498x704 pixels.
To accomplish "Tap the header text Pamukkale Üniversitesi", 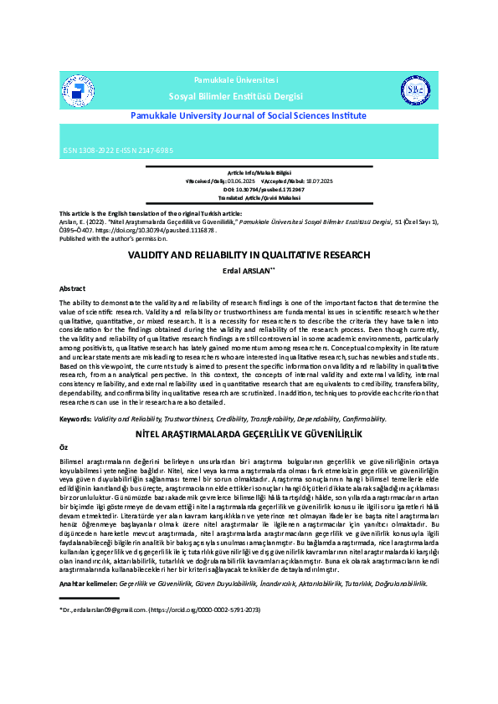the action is tap(247, 79).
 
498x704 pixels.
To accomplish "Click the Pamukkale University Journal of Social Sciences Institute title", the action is tap(249, 116).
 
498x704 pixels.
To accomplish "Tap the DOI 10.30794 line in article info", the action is tap(249, 189).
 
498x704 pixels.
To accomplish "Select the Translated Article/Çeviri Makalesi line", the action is tap(249, 197).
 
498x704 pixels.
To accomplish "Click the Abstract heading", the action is tap(72, 288).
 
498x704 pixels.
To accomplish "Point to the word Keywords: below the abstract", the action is tap(75, 417).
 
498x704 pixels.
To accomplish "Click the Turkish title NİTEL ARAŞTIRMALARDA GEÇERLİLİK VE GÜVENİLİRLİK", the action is tap(249, 435).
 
